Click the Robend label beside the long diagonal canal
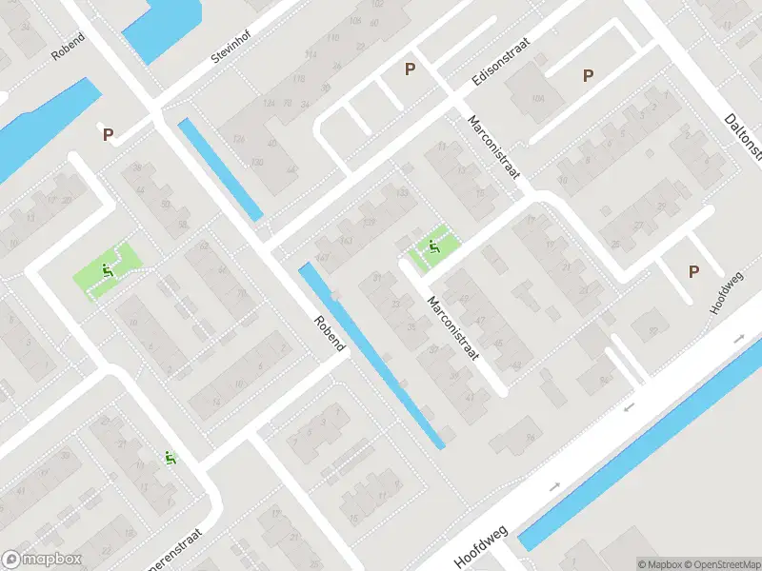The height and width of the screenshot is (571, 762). (x=329, y=333)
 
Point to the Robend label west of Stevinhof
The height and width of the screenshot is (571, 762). (x=69, y=47)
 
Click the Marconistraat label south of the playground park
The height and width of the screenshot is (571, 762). (x=452, y=329)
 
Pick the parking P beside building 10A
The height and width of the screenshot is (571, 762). (x=589, y=75)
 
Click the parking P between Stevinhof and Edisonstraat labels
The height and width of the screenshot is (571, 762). (x=411, y=69)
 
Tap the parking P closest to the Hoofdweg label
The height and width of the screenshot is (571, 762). (x=693, y=272)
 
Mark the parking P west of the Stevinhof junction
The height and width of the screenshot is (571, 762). (x=109, y=135)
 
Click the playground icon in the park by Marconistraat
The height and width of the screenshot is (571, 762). (x=434, y=248)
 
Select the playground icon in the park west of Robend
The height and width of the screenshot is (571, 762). (x=107, y=270)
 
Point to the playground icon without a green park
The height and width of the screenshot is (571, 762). (x=170, y=458)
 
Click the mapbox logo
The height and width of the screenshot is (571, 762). (x=42, y=560)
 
